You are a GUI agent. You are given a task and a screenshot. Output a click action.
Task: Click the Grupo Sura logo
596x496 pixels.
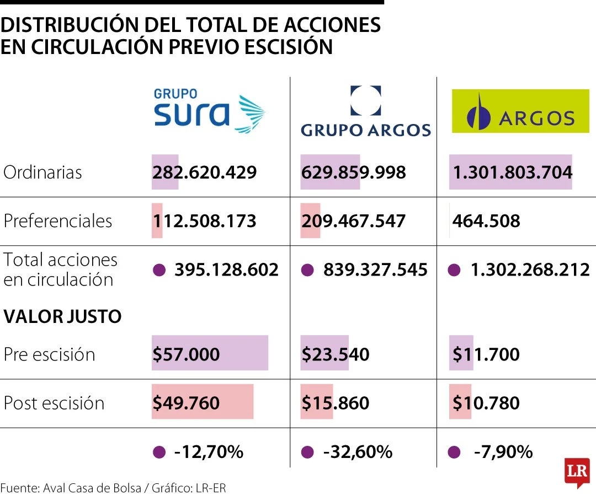tap(209, 110)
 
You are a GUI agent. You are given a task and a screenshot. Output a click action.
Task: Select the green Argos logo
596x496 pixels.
tap(520, 112)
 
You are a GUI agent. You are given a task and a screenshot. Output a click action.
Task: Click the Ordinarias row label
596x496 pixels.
tap(42, 172)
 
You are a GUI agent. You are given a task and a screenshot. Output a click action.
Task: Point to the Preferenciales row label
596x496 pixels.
tap(57, 221)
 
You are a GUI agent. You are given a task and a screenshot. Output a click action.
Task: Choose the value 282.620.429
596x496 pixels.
tap(204, 172)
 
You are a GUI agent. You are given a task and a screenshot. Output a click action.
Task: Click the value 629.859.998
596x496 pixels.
tap(353, 172)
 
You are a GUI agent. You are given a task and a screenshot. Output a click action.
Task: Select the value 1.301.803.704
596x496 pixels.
tap(512, 172)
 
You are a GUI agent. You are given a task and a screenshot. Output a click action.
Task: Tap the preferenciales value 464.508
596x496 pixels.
tap(486, 221)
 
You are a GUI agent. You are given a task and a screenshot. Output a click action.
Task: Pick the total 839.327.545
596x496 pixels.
tap(375, 269)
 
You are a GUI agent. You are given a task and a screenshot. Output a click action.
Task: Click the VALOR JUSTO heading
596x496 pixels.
tap(62, 317)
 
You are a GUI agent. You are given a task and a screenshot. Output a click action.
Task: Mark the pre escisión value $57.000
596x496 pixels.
tap(186, 354)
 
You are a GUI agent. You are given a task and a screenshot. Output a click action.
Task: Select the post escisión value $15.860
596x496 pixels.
tap(335, 403)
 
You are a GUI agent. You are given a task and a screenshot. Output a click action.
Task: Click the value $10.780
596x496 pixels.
tap(486, 403)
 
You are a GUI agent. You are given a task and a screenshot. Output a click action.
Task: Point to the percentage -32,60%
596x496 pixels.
tap(357, 452)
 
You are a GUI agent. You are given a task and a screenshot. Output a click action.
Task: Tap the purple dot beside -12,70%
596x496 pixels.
tap(159, 452)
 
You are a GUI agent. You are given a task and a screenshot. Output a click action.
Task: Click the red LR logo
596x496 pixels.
tap(577, 472)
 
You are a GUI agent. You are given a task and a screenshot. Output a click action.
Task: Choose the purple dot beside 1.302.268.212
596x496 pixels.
tap(454, 270)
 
